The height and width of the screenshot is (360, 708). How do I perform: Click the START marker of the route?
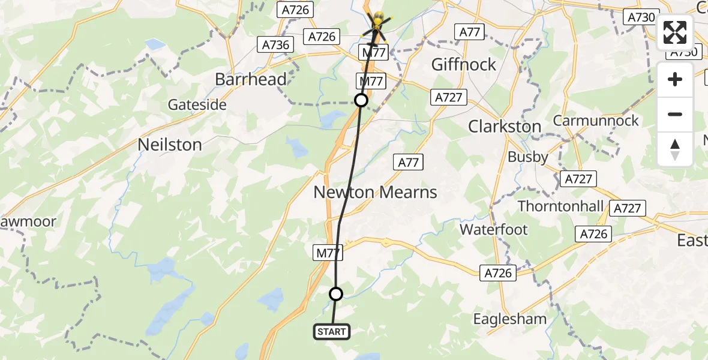(x=331, y=331)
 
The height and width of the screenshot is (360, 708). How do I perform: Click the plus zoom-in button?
(x=675, y=79)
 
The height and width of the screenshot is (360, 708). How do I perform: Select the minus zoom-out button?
(x=675, y=114)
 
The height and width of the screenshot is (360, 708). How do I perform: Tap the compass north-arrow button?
(x=675, y=149)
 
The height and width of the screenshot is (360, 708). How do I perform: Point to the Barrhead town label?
(x=251, y=80)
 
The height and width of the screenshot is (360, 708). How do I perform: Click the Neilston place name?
(x=170, y=145)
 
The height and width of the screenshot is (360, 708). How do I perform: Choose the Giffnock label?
(x=464, y=64)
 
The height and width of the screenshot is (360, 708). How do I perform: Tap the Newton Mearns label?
(x=376, y=193)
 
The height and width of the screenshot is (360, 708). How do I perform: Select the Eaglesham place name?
(x=510, y=319)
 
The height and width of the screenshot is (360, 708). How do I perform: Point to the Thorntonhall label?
(x=560, y=206)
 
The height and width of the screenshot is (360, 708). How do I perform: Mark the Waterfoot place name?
(x=494, y=229)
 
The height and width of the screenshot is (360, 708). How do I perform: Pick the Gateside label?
(x=197, y=105)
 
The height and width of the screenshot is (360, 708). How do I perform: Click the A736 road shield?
(x=276, y=44)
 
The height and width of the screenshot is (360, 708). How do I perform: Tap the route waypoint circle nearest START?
(x=336, y=293)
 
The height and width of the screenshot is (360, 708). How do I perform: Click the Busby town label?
(x=528, y=157)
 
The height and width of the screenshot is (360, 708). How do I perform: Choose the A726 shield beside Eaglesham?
(x=498, y=273)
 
